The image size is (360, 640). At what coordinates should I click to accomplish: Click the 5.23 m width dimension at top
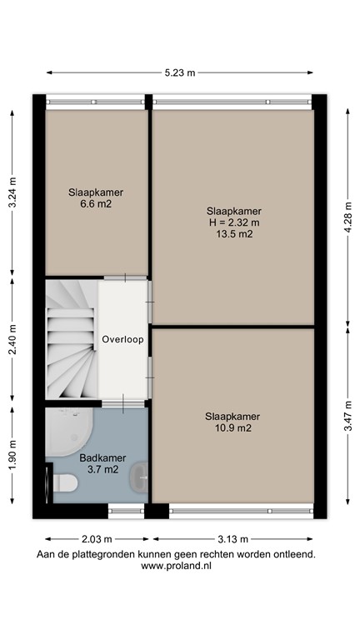pyautogui.click(x=180, y=72)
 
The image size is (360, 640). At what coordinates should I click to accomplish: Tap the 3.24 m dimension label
pyautogui.click(x=12, y=192)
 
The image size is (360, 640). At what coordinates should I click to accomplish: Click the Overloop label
pyautogui.click(x=123, y=340)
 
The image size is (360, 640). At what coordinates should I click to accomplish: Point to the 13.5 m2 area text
pyautogui.click(x=233, y=234)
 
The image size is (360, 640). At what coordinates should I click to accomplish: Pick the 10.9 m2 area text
pyautogui.click(x=233, y=428)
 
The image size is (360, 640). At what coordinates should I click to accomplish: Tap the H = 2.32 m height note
pyautogui.click(x=233, y=222)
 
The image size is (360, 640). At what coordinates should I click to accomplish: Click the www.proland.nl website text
pyautogui.click(x=176, y=565)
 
